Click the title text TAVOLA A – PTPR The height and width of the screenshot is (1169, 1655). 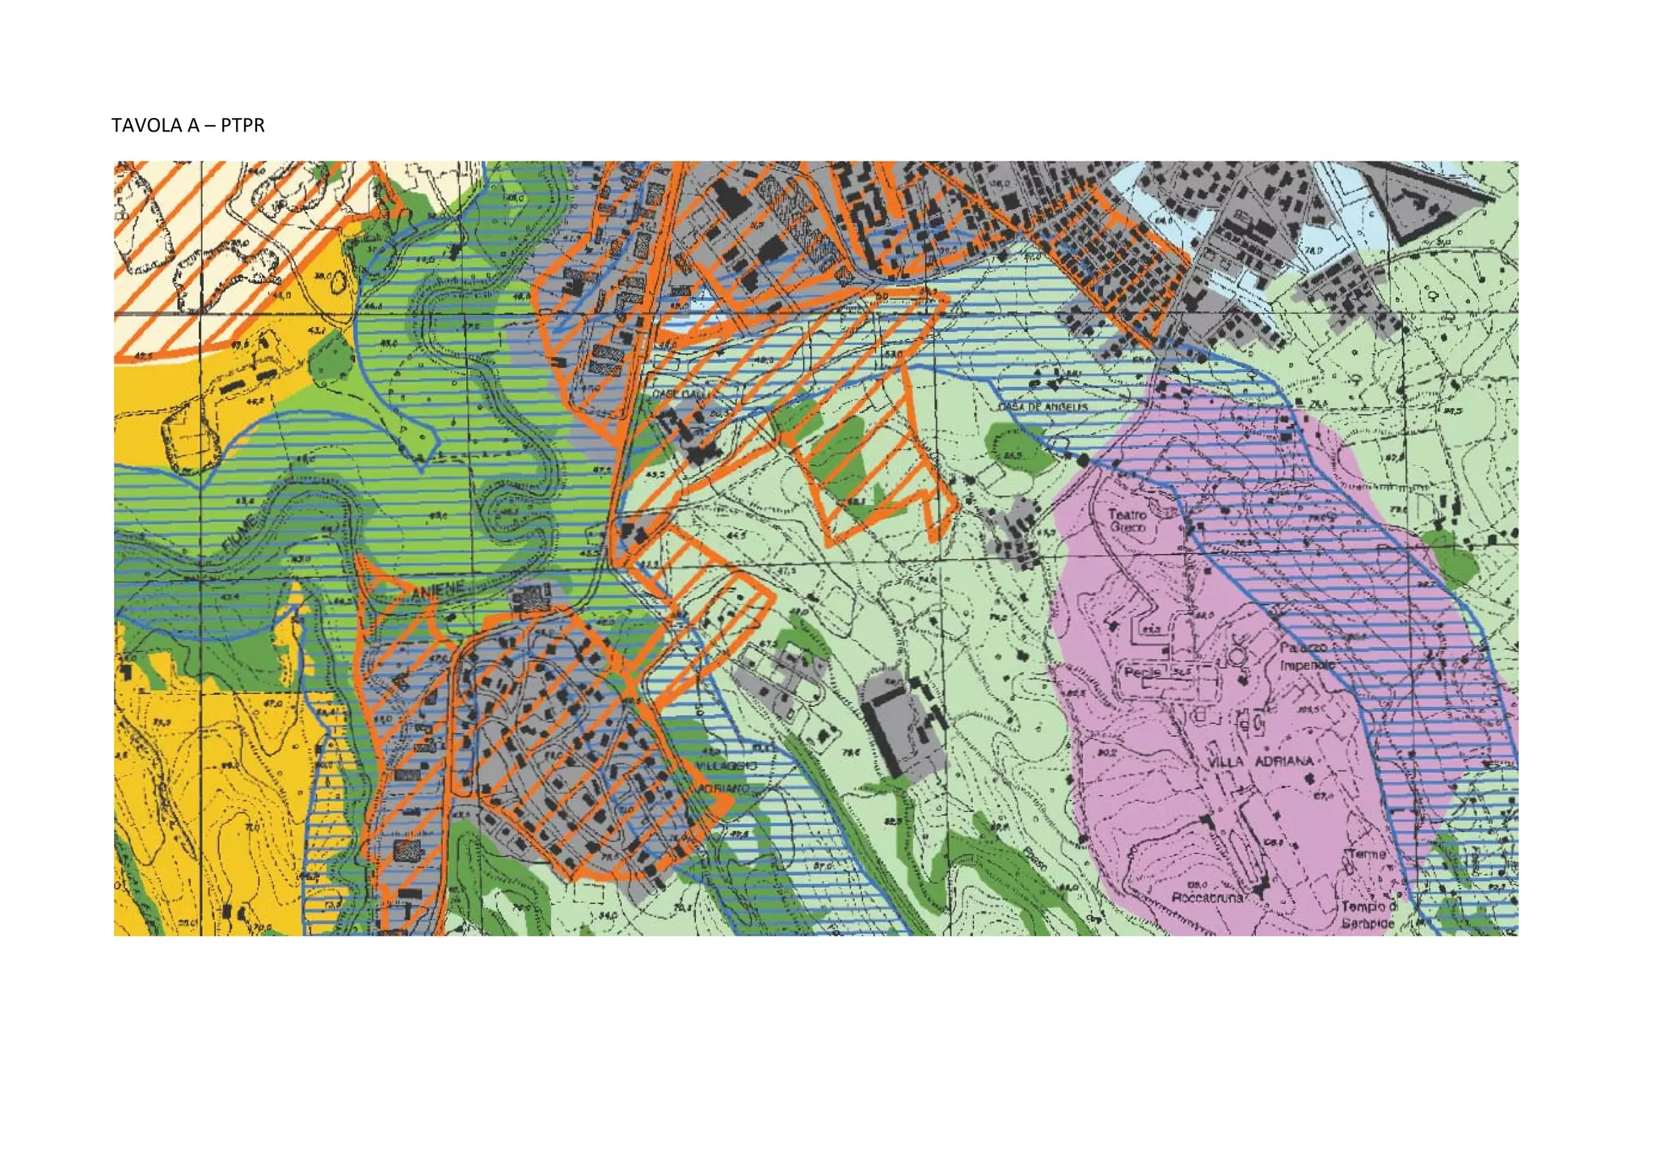pyautogui.click(x=188, y=125)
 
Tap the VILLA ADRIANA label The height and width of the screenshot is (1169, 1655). pyautogui.click(x=1260, y=762)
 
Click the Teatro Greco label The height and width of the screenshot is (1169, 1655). pyautogui.click(x=1126, y=520)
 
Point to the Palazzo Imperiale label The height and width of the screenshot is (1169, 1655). pyautogui.click(x=1305, y=657)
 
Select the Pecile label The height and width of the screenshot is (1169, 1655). pyautogui.click(x=1143, y=672)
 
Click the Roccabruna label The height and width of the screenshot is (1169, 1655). pyautogui.click(x=1207, y=898)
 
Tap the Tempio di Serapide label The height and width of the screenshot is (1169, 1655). pyautogui.click(x=1367, y=915)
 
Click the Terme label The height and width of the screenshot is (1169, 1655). pyautogui.click(x=1367, y=854)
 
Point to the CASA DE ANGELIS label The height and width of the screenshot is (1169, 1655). pyautogui.click(x=1042, y=407)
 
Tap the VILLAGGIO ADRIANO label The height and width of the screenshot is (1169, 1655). pyautogui.click(x=726, y=776)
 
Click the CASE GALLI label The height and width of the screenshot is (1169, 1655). pyautogui.click(x=677, y=393)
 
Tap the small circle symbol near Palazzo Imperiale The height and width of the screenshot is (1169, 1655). pyautogui.click(x=1237, y=656)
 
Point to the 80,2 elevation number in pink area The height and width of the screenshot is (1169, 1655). pyautogui.click(x=1106, y=752)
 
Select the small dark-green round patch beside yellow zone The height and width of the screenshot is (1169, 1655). pyautogui.click(x=329, y=355)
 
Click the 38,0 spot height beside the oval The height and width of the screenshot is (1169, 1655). pyautogui.click(x=322, y=275)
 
